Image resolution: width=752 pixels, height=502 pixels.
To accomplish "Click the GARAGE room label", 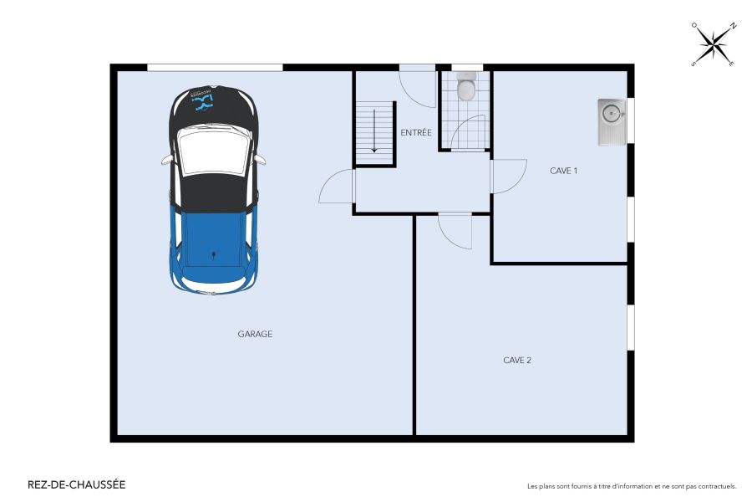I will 255,334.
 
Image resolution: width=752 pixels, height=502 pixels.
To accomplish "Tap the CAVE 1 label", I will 564,171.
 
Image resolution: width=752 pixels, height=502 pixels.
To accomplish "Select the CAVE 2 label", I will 517,361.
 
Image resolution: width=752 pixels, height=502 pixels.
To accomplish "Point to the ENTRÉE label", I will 415,132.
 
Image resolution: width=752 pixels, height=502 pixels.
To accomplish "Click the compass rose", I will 713,44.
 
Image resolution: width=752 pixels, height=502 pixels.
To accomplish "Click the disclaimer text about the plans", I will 632,486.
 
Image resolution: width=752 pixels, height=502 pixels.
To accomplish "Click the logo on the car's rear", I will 205,100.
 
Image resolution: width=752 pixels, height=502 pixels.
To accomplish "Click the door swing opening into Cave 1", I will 508,177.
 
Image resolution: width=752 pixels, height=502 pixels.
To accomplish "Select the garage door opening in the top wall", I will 215,67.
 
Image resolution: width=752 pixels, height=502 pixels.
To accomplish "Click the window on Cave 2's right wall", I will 631,328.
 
